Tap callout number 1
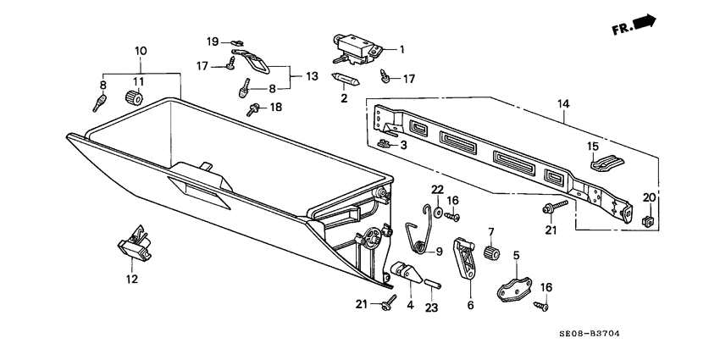pos(402,49)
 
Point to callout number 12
pos(131,280)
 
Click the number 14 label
pos(564,104)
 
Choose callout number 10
pos(141,53)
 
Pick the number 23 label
pos(430,307)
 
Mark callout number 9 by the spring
pos(439,252)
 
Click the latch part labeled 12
pos(136,247)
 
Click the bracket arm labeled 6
pos(465,258)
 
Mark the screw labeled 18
pos(252,108)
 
